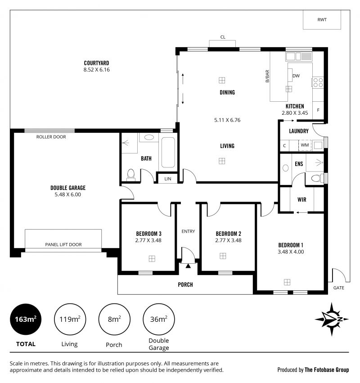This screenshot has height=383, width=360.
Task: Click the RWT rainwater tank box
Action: click(322, 20)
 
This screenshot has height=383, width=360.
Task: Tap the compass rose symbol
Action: click(332, 319)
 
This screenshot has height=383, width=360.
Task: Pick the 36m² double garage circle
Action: click(158, 320)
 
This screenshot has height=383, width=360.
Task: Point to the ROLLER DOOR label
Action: click(51, 137)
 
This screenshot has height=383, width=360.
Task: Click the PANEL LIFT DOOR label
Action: click(63, 244)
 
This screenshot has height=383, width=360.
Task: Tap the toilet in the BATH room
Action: click(131, 174)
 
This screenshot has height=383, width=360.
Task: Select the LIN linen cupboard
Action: click(168, 179)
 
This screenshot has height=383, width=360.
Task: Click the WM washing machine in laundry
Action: click(305, 145)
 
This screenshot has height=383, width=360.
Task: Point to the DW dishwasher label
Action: click(296, 76)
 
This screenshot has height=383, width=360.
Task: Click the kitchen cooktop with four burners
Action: click(318, 82)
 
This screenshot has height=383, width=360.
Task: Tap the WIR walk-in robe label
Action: click(302, 198)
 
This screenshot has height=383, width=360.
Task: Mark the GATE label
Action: click(339, 288)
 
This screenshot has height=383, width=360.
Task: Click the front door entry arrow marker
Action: click(188, 266)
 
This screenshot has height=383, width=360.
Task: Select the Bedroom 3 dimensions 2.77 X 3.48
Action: click(148, 240)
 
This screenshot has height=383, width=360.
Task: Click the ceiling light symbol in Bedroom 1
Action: click(287, 282)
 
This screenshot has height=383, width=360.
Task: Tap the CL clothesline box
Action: click(222, 42)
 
